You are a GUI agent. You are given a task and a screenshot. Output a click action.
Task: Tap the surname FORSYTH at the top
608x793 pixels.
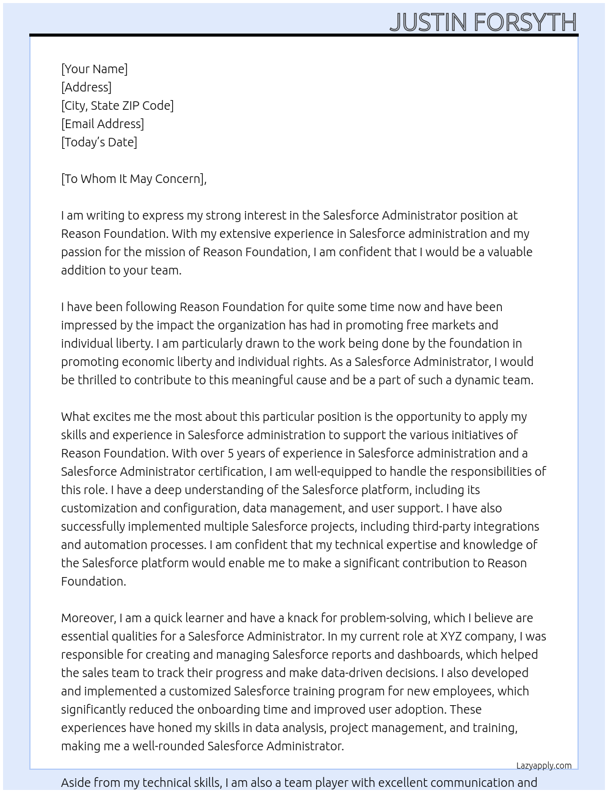point(525,23)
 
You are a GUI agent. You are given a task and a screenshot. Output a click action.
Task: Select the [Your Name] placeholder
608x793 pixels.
point(94,69)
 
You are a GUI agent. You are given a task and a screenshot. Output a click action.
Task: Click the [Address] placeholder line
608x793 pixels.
point(86,87)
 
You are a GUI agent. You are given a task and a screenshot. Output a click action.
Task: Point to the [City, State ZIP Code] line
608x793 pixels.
point(117,106)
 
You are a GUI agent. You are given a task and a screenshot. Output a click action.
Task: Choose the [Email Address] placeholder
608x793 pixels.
point(103,124)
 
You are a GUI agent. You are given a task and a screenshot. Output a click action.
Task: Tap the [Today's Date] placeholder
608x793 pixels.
point(99,142)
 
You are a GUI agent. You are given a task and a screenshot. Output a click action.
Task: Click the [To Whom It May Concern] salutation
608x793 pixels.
point(134,179)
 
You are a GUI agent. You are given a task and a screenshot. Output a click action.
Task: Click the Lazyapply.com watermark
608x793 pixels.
point(543,766)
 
